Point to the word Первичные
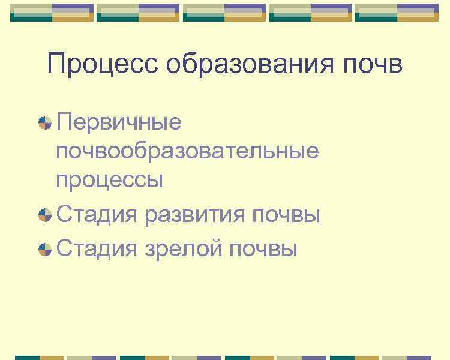click(119, 122)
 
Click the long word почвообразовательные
click(187, 151)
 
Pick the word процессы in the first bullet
click(110, 180)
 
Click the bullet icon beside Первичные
click(44, 123)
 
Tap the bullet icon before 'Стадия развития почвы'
click(44, 215)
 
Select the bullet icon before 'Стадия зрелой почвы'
click(44, 248)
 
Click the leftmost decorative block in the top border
click(52, 12)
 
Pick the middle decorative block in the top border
click(224, 12)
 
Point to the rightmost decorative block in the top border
click(397, 12)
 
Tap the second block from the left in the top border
click(138, 12)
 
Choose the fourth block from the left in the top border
click(311, 12)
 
